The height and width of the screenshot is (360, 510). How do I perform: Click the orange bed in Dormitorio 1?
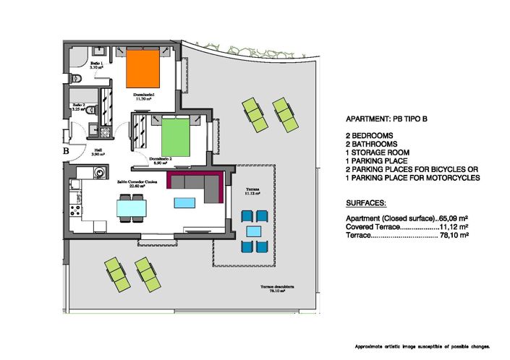click(142, 69)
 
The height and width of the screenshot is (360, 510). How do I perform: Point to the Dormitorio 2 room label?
click(160, 160)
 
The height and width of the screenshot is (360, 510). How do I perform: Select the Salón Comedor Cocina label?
click(133, 183)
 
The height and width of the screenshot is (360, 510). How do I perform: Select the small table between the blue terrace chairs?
click(253, 231)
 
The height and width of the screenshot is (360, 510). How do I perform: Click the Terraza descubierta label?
click(276, 288)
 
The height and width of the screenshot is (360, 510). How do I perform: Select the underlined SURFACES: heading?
click(366, 205)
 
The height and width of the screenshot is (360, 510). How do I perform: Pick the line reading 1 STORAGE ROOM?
click(378, 153)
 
